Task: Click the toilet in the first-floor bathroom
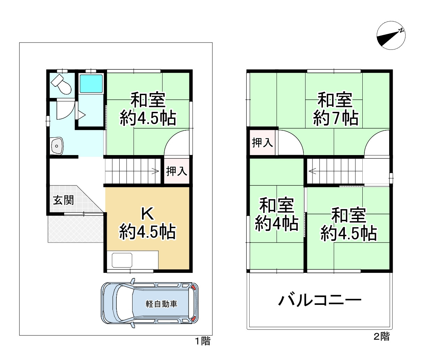pos(61,84)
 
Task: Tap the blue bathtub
pos(91,84)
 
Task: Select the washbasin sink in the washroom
pos(57,146)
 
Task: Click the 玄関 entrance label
pos(63,200)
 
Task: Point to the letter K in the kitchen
pos(147,214)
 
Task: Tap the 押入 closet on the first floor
pos(176,171)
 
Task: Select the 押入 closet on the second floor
pos(262,143)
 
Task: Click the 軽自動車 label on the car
pos(161,304)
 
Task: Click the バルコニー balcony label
pos(319,300)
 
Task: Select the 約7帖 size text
pos(335,118)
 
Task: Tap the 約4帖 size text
pos(277,223)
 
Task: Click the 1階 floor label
pos(203,341)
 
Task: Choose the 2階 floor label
pos(382,336)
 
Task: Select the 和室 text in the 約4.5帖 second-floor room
pos(348,216)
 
